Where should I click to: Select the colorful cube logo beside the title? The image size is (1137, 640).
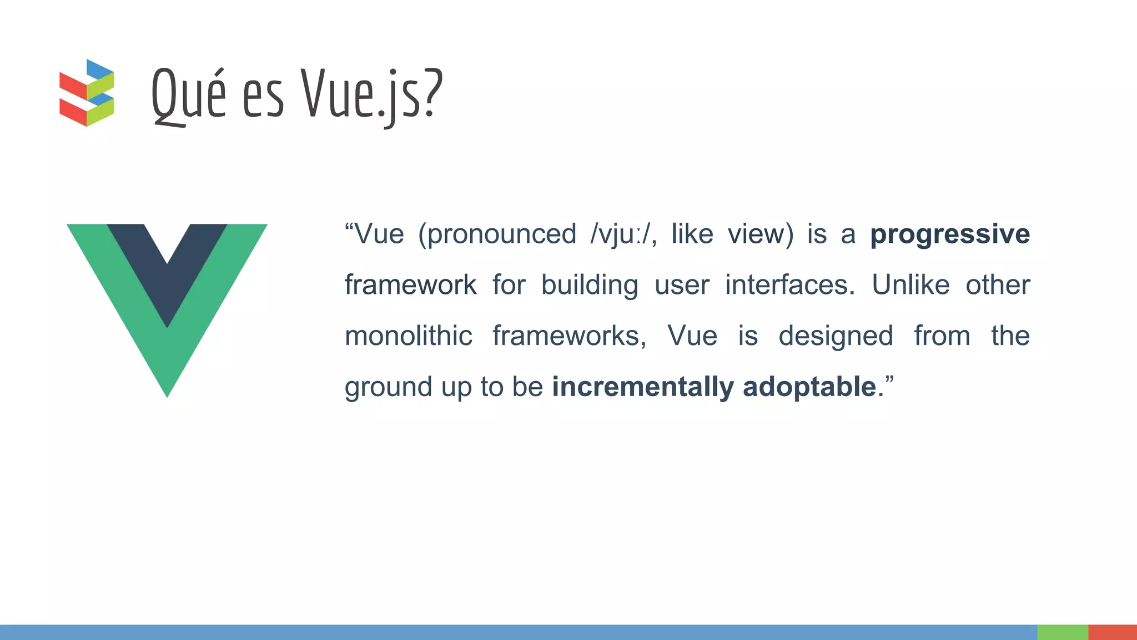tap(87, 93)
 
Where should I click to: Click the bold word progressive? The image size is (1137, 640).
tap(949, 234)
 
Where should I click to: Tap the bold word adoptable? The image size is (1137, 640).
tap(809, 387)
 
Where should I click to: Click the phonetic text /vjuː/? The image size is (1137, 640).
tap(622, 234)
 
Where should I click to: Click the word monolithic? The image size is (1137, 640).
tap(408, 336)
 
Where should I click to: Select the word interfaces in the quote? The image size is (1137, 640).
tap(789, 285)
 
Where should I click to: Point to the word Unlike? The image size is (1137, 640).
tap(910, 285)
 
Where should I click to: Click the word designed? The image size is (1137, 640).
tap(836, 336)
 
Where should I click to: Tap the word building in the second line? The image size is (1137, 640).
tap(590, 286)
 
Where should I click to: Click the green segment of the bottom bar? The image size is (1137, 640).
tap(1062, 632)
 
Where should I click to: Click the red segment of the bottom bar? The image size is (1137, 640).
tap(1112, 632)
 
